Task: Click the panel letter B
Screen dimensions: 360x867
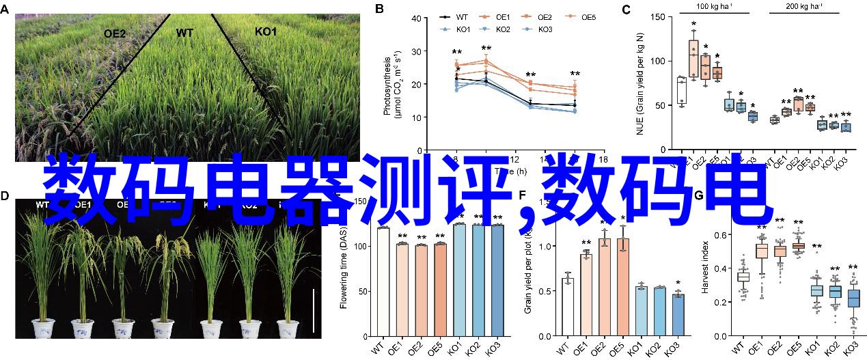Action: [380, 9]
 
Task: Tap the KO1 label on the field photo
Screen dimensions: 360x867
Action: [266, 32]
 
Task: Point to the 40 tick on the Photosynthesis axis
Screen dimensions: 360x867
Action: [418, 18]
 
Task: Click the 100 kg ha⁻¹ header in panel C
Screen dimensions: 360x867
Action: [715, 5]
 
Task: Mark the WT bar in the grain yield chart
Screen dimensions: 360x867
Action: [567, 307]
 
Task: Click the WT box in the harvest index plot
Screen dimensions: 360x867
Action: [743, 277]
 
